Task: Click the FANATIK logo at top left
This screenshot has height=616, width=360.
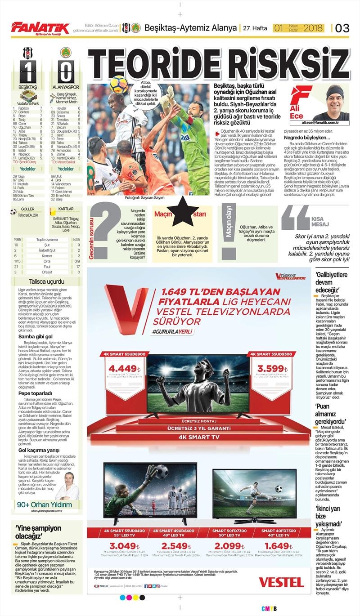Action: pos(40,28)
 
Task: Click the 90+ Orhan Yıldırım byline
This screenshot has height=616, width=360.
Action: pos(44,504)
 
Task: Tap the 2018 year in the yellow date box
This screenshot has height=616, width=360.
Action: pos(314,28)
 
